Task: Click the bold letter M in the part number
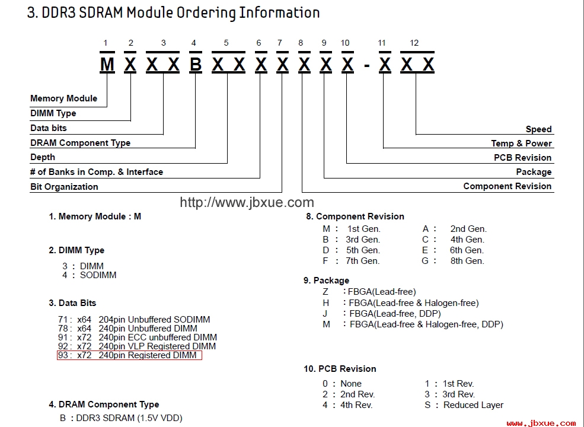[107, 64]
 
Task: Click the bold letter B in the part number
[196, 64]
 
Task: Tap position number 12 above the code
[414, 43]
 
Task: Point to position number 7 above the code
[280, 43]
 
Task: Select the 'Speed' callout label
[538, 129]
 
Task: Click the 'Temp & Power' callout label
[521, 144]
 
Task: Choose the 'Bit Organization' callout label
[64, 187]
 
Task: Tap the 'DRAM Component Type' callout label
[81, 143]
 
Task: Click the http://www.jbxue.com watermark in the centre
[247, 202]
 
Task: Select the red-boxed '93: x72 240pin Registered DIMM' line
[129, 355]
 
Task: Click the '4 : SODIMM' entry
[90, 275]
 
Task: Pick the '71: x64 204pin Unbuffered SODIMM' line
[134, 320]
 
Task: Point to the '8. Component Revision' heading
[355, 216]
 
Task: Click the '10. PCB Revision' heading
[340, 369]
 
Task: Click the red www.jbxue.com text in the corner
[541, 423]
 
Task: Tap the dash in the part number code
[367, 66]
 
